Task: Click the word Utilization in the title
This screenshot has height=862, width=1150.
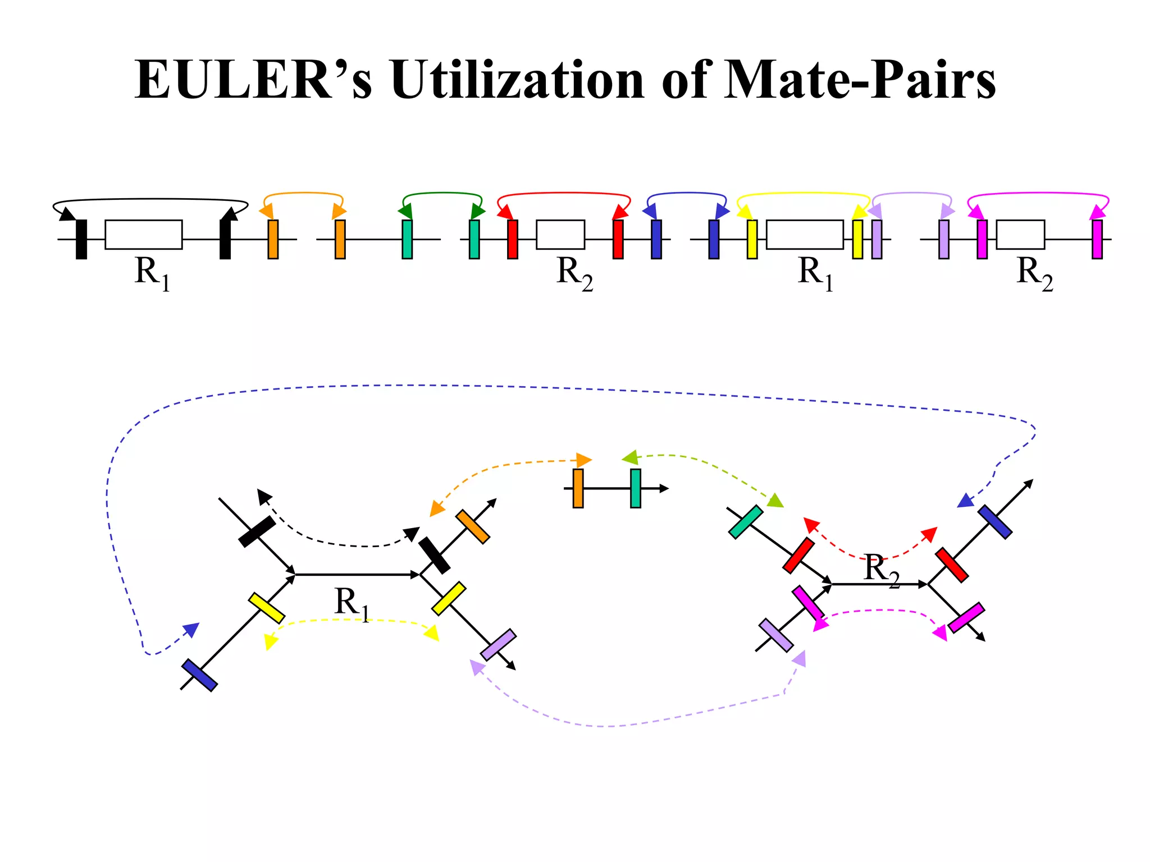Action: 517,80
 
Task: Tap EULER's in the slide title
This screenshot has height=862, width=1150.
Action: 253,80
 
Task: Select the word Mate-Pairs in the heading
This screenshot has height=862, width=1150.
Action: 859,80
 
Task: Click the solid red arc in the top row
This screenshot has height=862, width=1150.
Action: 564,193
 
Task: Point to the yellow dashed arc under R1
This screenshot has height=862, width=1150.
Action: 351,620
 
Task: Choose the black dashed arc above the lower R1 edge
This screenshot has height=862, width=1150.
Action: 348,544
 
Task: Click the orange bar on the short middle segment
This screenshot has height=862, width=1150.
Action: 578,488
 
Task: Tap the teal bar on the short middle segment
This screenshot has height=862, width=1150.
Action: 635,488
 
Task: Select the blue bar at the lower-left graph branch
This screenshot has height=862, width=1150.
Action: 199,675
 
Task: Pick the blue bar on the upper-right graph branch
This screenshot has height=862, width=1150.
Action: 994,522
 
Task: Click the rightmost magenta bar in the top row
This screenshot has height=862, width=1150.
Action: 1097,239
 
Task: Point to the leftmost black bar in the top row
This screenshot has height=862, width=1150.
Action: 81,239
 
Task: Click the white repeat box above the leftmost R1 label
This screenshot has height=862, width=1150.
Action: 144,235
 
